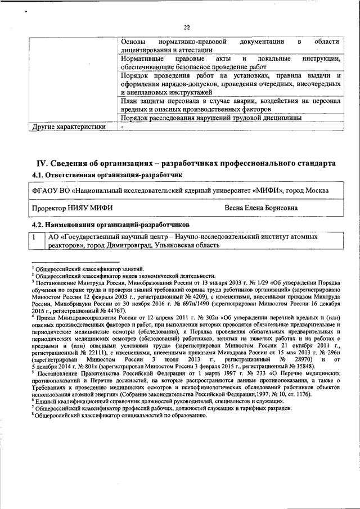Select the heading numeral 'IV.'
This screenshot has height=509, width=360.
pos(44,163)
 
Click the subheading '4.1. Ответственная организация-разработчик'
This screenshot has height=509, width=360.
pos(107,175)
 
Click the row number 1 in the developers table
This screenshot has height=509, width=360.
pos(35,237)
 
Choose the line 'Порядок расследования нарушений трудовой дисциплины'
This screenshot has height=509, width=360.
pos(211,118)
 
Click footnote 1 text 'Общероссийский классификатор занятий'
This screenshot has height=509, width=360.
pos(90,269)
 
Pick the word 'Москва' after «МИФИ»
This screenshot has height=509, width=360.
pos(317,191)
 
